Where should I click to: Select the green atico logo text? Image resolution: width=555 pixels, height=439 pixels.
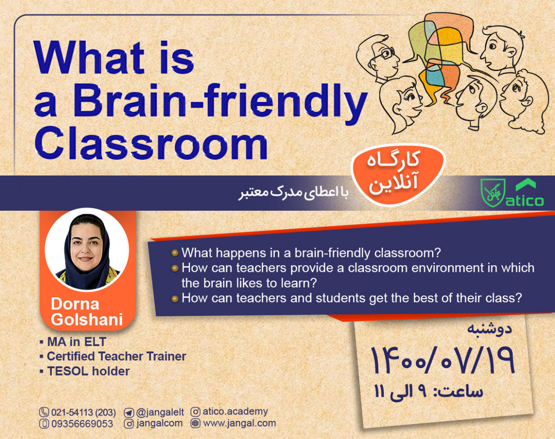524,201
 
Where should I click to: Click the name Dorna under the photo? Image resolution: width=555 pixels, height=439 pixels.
75,304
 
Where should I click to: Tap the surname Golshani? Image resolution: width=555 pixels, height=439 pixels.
86,320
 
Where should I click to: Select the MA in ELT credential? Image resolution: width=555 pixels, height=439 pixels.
76,342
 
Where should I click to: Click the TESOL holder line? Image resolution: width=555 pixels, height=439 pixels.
88,371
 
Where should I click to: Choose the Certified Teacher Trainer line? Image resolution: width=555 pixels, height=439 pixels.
116,357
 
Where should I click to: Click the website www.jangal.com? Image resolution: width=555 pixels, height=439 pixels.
240,423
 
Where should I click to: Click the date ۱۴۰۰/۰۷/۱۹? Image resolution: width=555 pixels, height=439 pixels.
443,360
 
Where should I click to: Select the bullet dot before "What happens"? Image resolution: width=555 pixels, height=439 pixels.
175,253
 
